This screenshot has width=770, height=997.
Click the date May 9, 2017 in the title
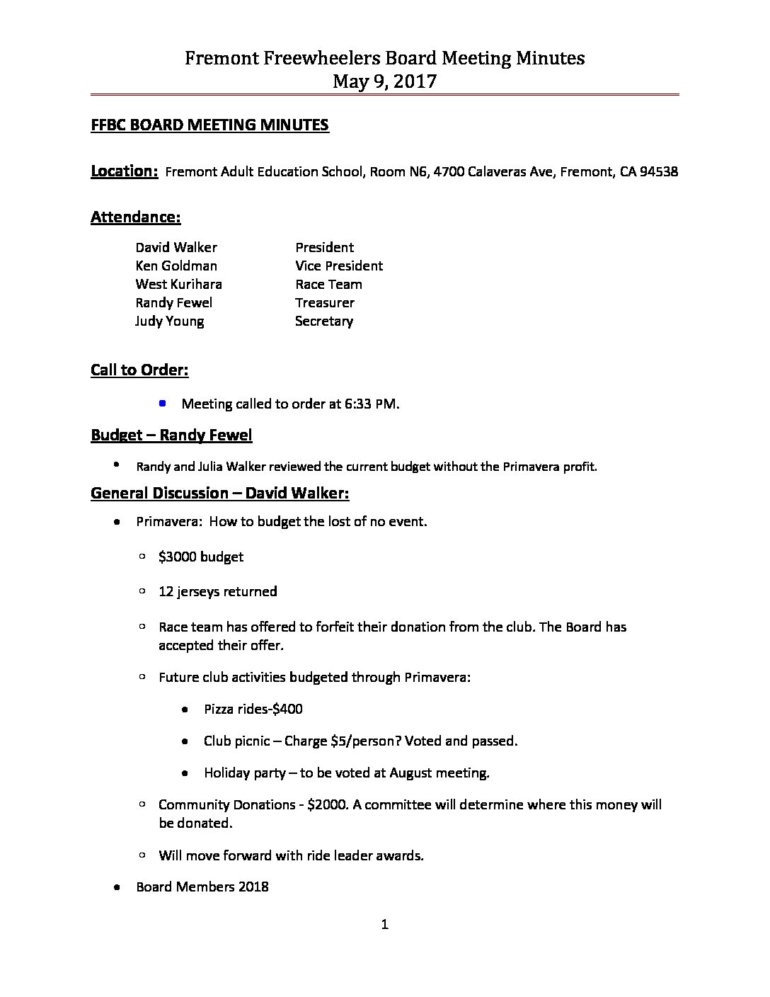pos(384,81)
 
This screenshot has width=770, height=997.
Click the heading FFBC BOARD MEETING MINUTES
pos(209,125)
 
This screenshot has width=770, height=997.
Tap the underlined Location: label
pos(124,171)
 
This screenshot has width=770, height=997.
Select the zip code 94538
pos(658,172)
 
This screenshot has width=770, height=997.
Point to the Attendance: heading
pos(135,217)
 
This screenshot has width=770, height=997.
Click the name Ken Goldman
pos(176,266)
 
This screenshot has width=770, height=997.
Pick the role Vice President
pos(339,266)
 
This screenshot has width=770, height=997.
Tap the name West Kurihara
pos(178,285)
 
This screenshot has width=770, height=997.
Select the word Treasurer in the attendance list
pos(325,303)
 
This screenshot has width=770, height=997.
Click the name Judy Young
pos(170,321)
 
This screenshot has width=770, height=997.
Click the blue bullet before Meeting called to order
pos(163,404)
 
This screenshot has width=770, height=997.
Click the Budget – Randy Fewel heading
pos(171,435)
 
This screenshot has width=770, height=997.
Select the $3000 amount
pos(178,557)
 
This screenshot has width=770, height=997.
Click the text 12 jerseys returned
pos(217,591)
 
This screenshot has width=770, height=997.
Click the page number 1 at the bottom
pos(385,924)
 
